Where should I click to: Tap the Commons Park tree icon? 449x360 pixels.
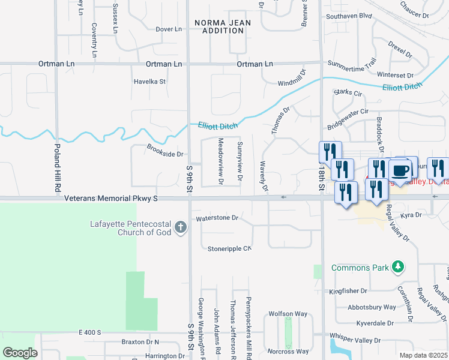397,266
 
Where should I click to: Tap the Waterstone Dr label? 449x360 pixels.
217,218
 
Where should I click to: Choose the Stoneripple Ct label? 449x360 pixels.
229,248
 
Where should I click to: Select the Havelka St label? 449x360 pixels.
149,82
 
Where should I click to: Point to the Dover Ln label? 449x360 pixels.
168,29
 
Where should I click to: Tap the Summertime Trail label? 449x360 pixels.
352,62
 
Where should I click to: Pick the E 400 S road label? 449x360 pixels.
90,332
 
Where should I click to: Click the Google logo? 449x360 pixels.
20,353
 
